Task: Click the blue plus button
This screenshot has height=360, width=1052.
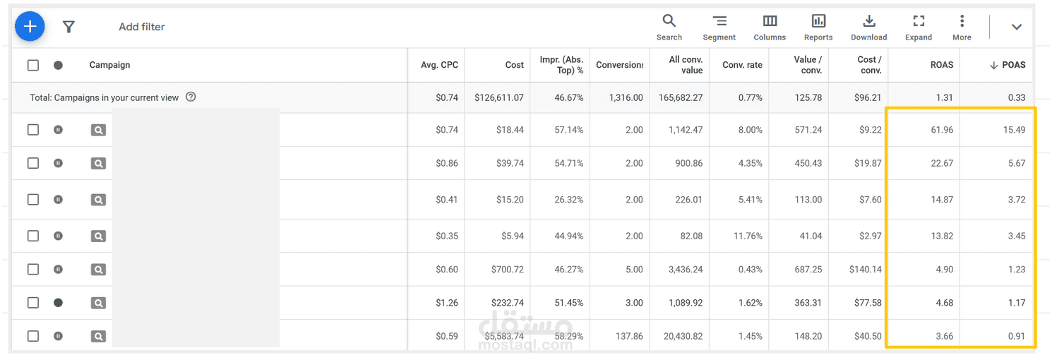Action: click(x=30, y=26)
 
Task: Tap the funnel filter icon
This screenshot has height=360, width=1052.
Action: click(x=68, y=27)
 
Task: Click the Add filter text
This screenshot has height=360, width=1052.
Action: click(x=142, y=27)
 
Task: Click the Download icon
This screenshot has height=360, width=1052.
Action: click(x=869, y=21)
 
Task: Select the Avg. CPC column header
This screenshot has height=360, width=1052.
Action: click(x=439, y=65)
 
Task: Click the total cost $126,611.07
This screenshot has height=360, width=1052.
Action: click(x=498, y=97)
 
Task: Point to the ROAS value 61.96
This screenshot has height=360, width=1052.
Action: click(x=942, y=130)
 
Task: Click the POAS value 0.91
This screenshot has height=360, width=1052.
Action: click(x=1016, y=336)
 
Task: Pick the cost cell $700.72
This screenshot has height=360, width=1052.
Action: click(x=507, y=270)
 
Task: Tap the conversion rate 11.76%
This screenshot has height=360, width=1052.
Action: click(x=748, y=236)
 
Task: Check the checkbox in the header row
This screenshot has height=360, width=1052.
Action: click(x=33, y=65)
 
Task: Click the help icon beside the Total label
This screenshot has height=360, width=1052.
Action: click(x=191, y=97)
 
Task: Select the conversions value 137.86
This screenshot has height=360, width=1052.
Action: click(x=629, y=336)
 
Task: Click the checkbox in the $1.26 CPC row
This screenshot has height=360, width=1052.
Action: click(x=33, y=303)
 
